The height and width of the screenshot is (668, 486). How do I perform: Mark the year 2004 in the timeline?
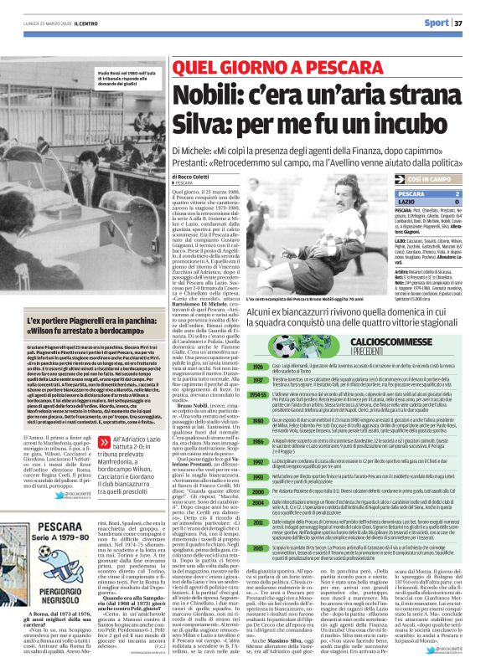pos(259,503)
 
